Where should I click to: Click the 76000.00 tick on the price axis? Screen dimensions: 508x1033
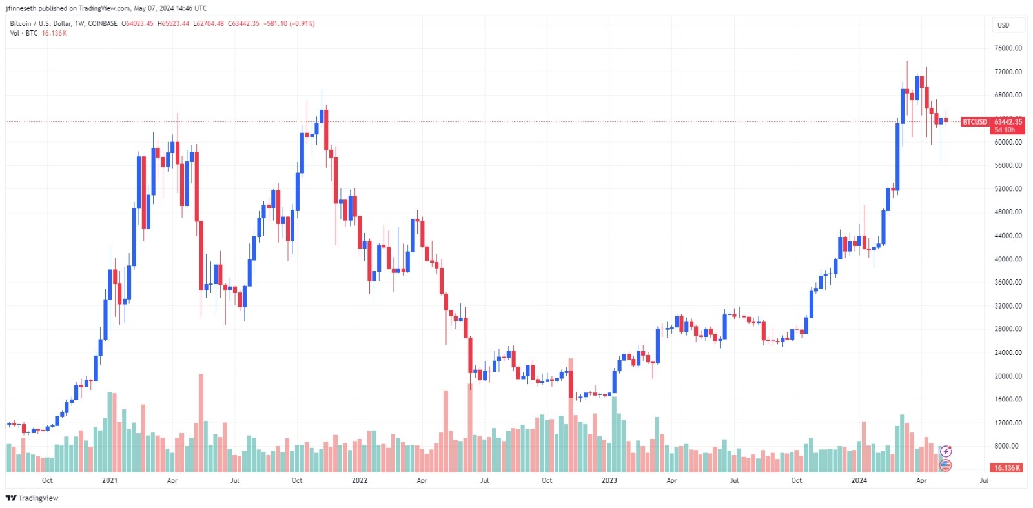click(x=1008, y=48)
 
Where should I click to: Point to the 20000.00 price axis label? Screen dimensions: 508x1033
click(x=1008, y=376)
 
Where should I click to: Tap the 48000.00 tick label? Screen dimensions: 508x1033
click(x=1008, y=212)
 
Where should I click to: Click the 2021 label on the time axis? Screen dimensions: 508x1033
click(x=110, y=480)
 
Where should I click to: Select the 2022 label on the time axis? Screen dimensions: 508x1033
click(x=360, y=480)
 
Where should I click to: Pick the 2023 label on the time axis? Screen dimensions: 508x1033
click(x=609, y=480)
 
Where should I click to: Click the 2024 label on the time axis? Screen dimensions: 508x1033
click(x=859, y=480)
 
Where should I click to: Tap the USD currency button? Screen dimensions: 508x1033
click(x=1003, y=25)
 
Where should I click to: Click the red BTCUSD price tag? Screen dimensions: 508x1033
click(x=975, y=122)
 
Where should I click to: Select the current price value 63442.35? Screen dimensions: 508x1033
click(x=1008, y=121)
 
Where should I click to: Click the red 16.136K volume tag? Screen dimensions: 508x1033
click(x=1007, y=468)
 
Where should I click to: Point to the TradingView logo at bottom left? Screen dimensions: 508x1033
click(x=32, y=498)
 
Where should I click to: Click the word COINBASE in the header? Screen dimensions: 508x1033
click(x=103, y=24)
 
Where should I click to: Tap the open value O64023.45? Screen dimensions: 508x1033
click(x=138, y=24)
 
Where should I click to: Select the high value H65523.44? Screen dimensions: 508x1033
click(x=173, y=24)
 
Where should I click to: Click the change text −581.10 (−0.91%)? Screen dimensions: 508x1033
click(x=289, y=24)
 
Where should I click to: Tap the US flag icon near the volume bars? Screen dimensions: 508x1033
click(x=946, y=465)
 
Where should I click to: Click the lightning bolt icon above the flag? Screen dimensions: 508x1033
click(x=946, y=451)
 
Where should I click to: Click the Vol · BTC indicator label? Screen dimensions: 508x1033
click(x=24, y=34)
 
